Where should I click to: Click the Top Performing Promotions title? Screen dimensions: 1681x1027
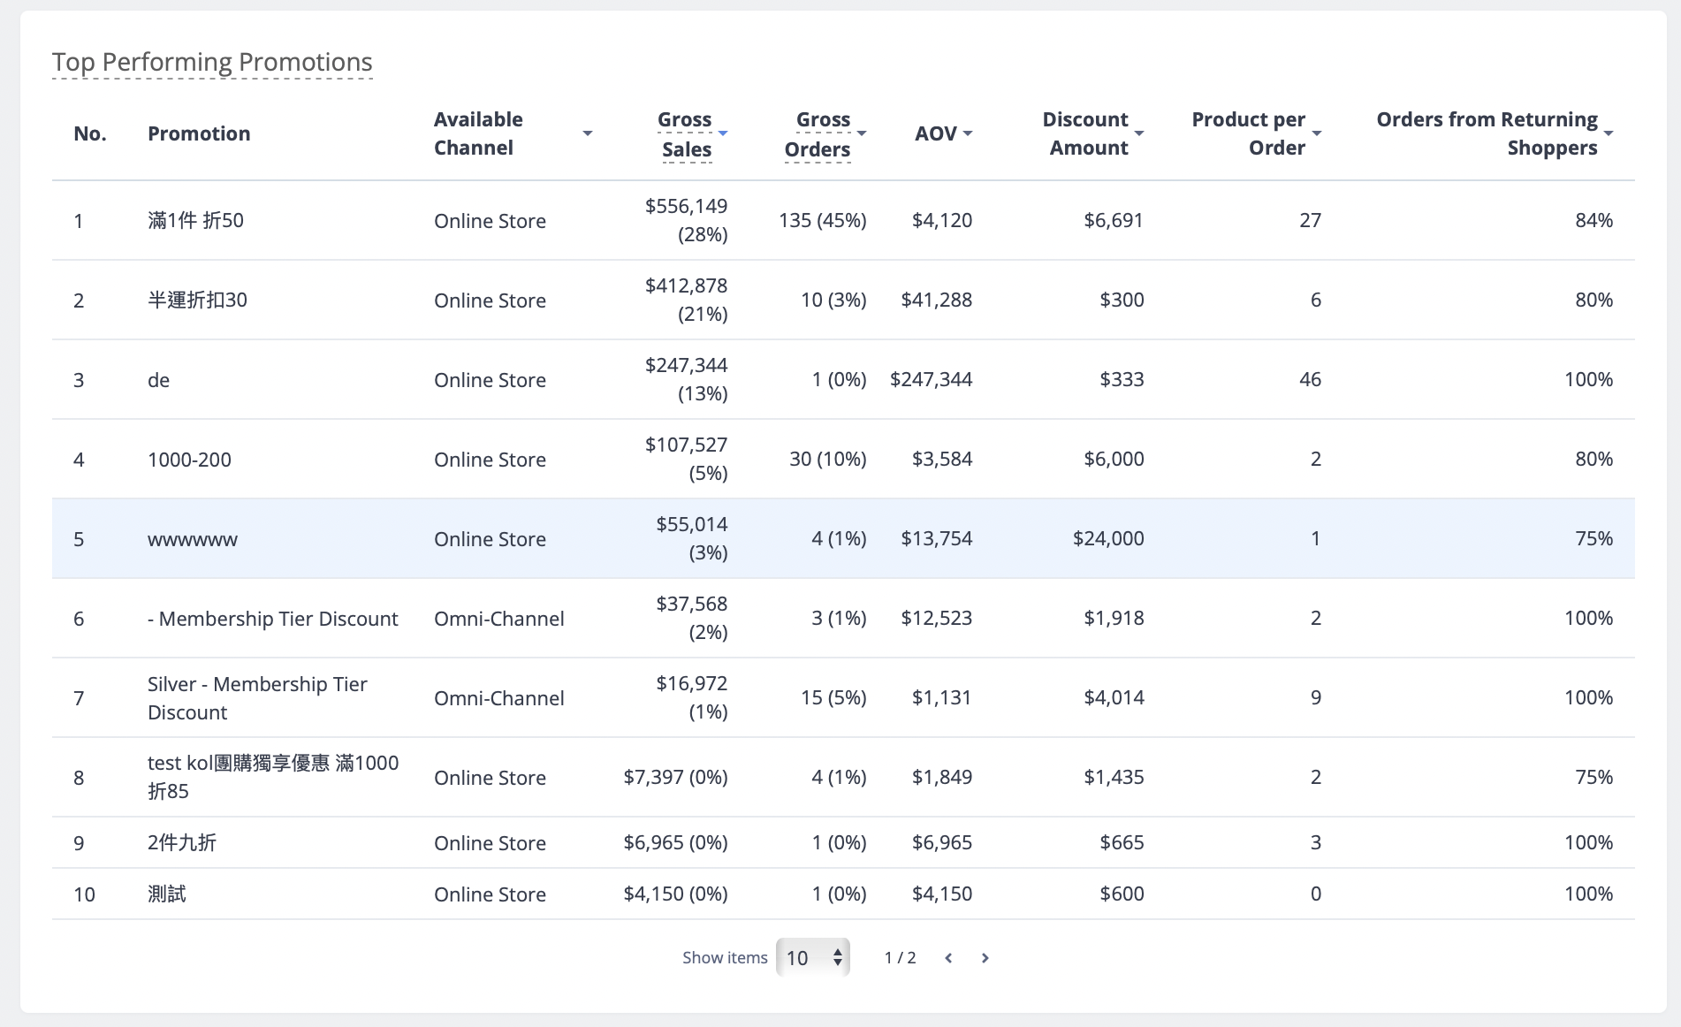(x=212, y=62)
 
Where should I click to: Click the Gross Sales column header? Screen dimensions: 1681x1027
(x=686, y=134)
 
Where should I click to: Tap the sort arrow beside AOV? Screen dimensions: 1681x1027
(x=968, y=133)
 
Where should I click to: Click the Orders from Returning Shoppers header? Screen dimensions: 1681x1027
(x=1487, y=133)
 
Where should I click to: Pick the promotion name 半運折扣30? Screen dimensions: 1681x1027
(x=197, y=300)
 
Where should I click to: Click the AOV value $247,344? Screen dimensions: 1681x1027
(x=931, y=379)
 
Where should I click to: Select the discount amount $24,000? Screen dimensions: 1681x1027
(x=1108, y=538)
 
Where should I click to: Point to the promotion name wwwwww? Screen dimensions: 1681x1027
(x=193, y=539)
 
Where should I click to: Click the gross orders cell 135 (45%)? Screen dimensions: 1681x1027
(x=822, y=220)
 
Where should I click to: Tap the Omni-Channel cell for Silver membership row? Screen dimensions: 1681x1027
(x=498, y=698)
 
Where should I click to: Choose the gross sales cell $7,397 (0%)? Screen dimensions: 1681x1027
(x=675, y=777)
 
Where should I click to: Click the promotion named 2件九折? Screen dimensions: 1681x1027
(x=182, y=842)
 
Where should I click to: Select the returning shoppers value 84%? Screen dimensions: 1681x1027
(x=1594, y=220)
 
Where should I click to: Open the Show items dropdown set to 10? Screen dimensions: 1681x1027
(x=813, y=957)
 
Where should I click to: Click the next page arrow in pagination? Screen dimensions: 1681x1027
(x=985, y=958)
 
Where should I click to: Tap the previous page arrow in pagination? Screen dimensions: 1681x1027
(x=948, y=958)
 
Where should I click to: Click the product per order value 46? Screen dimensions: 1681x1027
(x=1310, y=379)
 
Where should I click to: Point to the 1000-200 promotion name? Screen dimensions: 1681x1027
(x=189, y=460)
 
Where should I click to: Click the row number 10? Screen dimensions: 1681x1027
(x=84, y=894)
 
